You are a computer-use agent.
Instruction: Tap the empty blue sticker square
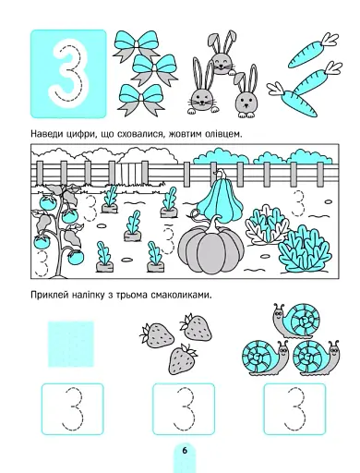(x=71, y=344)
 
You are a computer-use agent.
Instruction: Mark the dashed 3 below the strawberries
(x=183, y=407)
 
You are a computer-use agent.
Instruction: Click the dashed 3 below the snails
(x=294, y=407)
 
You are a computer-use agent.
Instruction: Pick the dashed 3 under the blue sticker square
(x=72, y=407)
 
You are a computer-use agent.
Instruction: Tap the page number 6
(x=184, y=450)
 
